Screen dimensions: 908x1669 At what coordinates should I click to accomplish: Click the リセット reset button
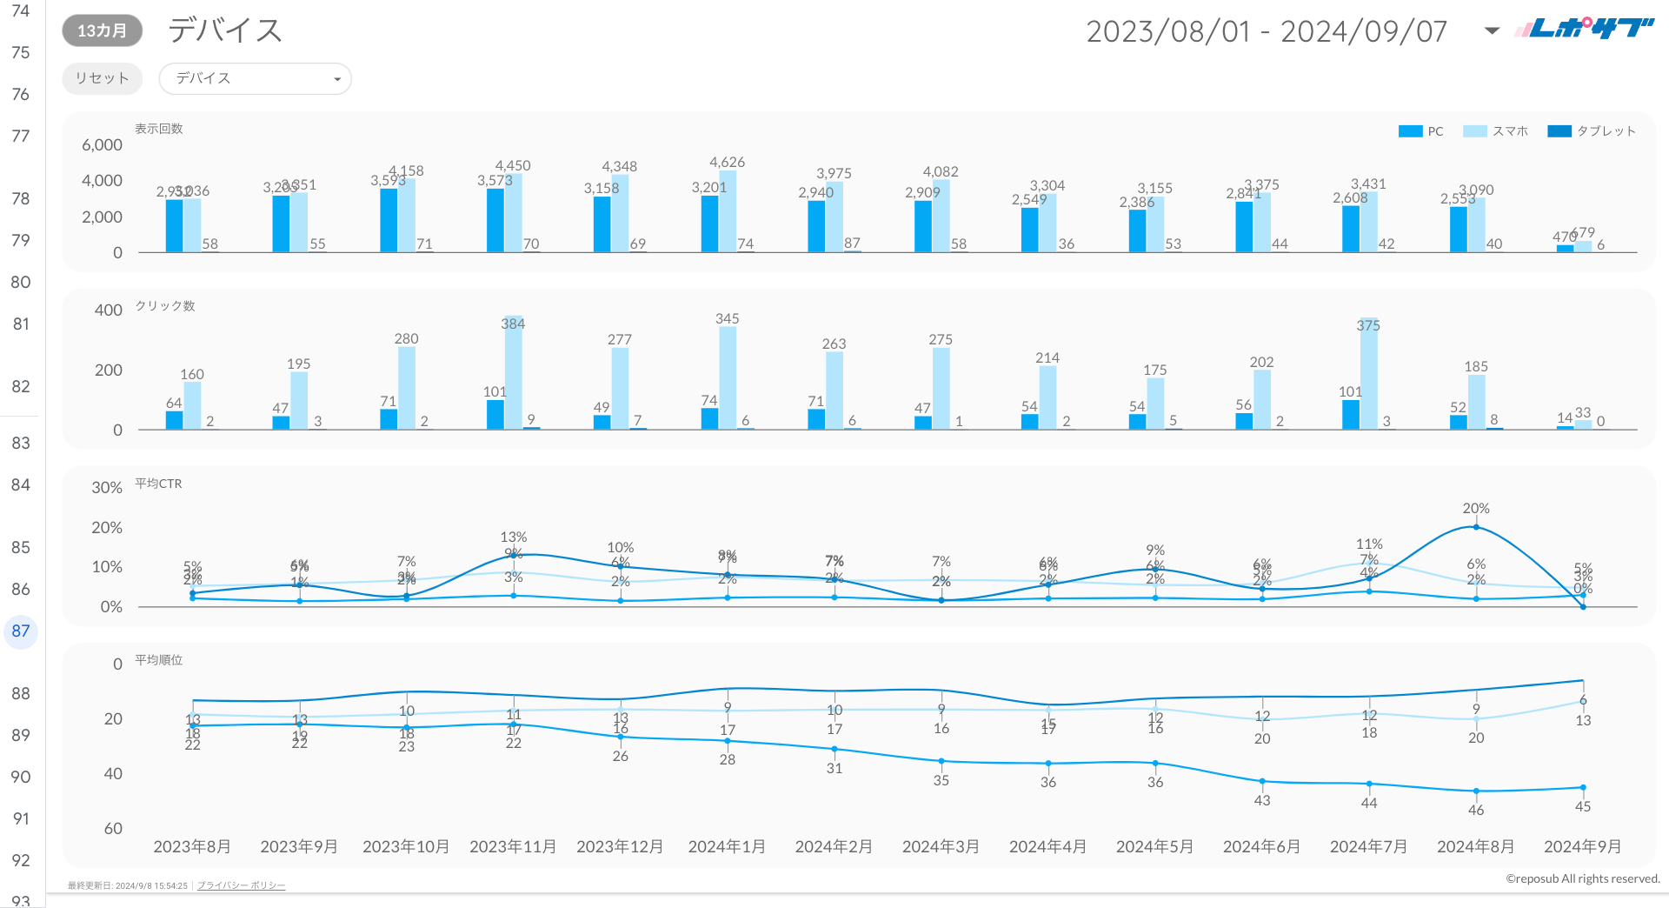[x=102, y=78]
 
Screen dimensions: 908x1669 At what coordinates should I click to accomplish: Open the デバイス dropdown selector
[x=255, y=78]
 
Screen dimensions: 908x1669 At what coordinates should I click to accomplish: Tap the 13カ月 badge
[x=102, y=30]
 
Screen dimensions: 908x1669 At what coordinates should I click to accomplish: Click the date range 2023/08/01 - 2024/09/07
[x=1267, y=32]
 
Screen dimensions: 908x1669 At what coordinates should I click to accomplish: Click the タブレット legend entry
[x=1592, y=131]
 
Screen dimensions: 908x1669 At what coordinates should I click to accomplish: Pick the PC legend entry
[x=1421, y=131]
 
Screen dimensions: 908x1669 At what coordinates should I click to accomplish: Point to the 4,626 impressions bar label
[x=727, y=163]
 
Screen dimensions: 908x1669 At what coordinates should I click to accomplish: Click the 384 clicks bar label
[x=513, y=324]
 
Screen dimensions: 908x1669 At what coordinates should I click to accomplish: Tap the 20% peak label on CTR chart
[x=1476, y=508]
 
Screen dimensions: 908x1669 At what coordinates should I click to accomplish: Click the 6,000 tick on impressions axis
[x=102, y=145]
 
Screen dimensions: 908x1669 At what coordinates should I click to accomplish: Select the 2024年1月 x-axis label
[x=727, y=847]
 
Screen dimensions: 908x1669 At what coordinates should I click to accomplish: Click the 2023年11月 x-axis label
[x=513, y=847]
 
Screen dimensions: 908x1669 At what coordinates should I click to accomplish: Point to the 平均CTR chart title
[x=158, y=484]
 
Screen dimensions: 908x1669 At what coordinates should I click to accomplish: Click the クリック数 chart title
[x=165, y=306]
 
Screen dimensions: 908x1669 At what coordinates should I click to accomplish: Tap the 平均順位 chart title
[x=158, y=660]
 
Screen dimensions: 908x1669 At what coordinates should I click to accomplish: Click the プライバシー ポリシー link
[x=241, y=885]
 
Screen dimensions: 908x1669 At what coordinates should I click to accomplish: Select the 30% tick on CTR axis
[x=107, y=488]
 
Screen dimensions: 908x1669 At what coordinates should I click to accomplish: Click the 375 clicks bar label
[x=1368, y=325]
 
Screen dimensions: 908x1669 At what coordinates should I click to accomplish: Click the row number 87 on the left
[x=21, y=631]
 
